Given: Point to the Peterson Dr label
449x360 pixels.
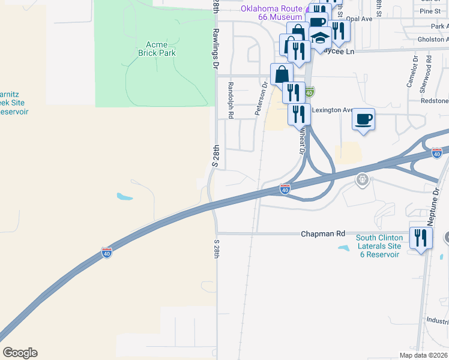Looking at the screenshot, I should (x=261, y=98).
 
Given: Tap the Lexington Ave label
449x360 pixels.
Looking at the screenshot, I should (x=331, y=110).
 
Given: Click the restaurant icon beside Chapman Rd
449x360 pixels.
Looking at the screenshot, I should (x=420, y=238).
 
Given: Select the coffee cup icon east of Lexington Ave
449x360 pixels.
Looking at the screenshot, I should (x=363, y=119).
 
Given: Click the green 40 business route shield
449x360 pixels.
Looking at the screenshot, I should (x=309, y=92).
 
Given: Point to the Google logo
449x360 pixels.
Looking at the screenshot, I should (x=20, y=353).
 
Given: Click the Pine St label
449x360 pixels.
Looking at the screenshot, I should (x=430, y=11).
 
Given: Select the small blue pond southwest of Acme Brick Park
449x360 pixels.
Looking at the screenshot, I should (x=124, y=196).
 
